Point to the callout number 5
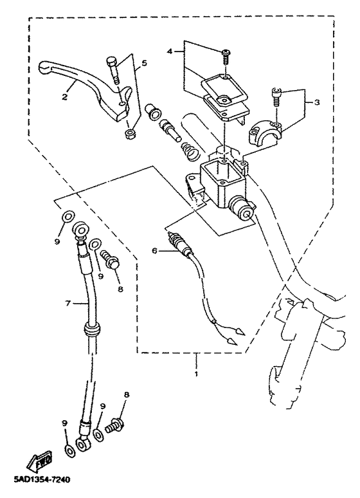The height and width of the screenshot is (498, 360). [x=144, y=63]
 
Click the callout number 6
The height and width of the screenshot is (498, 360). [x=154, y=251]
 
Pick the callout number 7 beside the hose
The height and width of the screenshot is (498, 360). [x=67, y=303]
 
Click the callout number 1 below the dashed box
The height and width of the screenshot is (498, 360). [x=196, y=373]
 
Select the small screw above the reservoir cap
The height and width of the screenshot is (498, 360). [x=226, y=57]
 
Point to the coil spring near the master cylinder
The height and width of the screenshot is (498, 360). [x=189, y=152]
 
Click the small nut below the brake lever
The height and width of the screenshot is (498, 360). [x=129, y=133]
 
